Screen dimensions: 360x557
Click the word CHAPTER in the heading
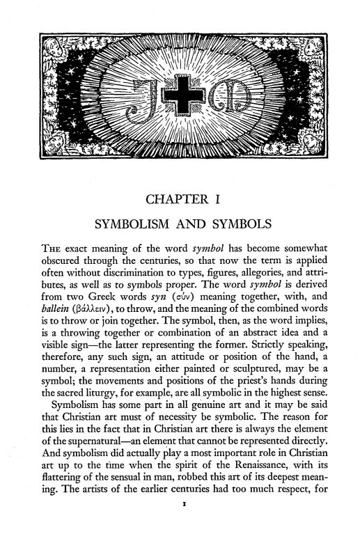[177, 202]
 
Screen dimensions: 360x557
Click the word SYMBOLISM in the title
[137, 228]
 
